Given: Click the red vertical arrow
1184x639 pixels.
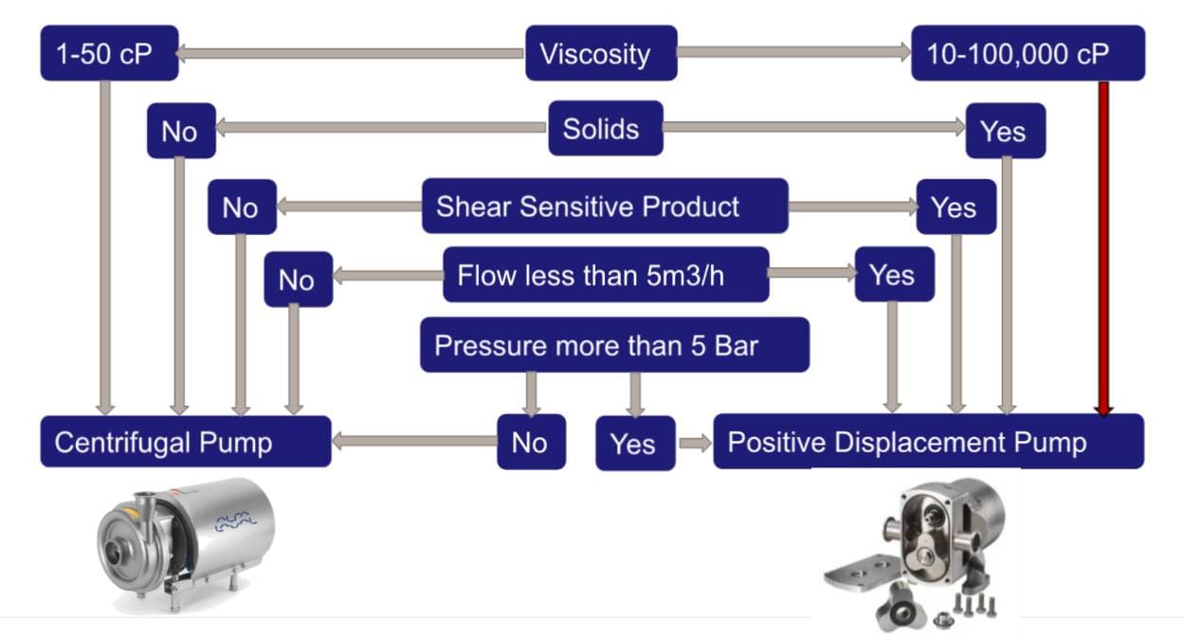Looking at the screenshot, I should [x=1103, y=246].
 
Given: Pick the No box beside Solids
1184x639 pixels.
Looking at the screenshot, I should [x=180, y=131].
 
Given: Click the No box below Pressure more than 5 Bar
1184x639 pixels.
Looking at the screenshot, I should [x=531, y=442].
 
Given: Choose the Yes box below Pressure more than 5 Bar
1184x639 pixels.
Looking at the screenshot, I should [x=634, y=443].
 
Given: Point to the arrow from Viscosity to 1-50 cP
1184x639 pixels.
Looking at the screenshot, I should [x=351, y=54].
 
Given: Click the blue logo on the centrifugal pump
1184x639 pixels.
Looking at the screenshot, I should [x=235, y=520].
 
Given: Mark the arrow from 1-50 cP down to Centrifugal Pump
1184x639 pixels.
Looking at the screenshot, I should [x=105, y=246].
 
